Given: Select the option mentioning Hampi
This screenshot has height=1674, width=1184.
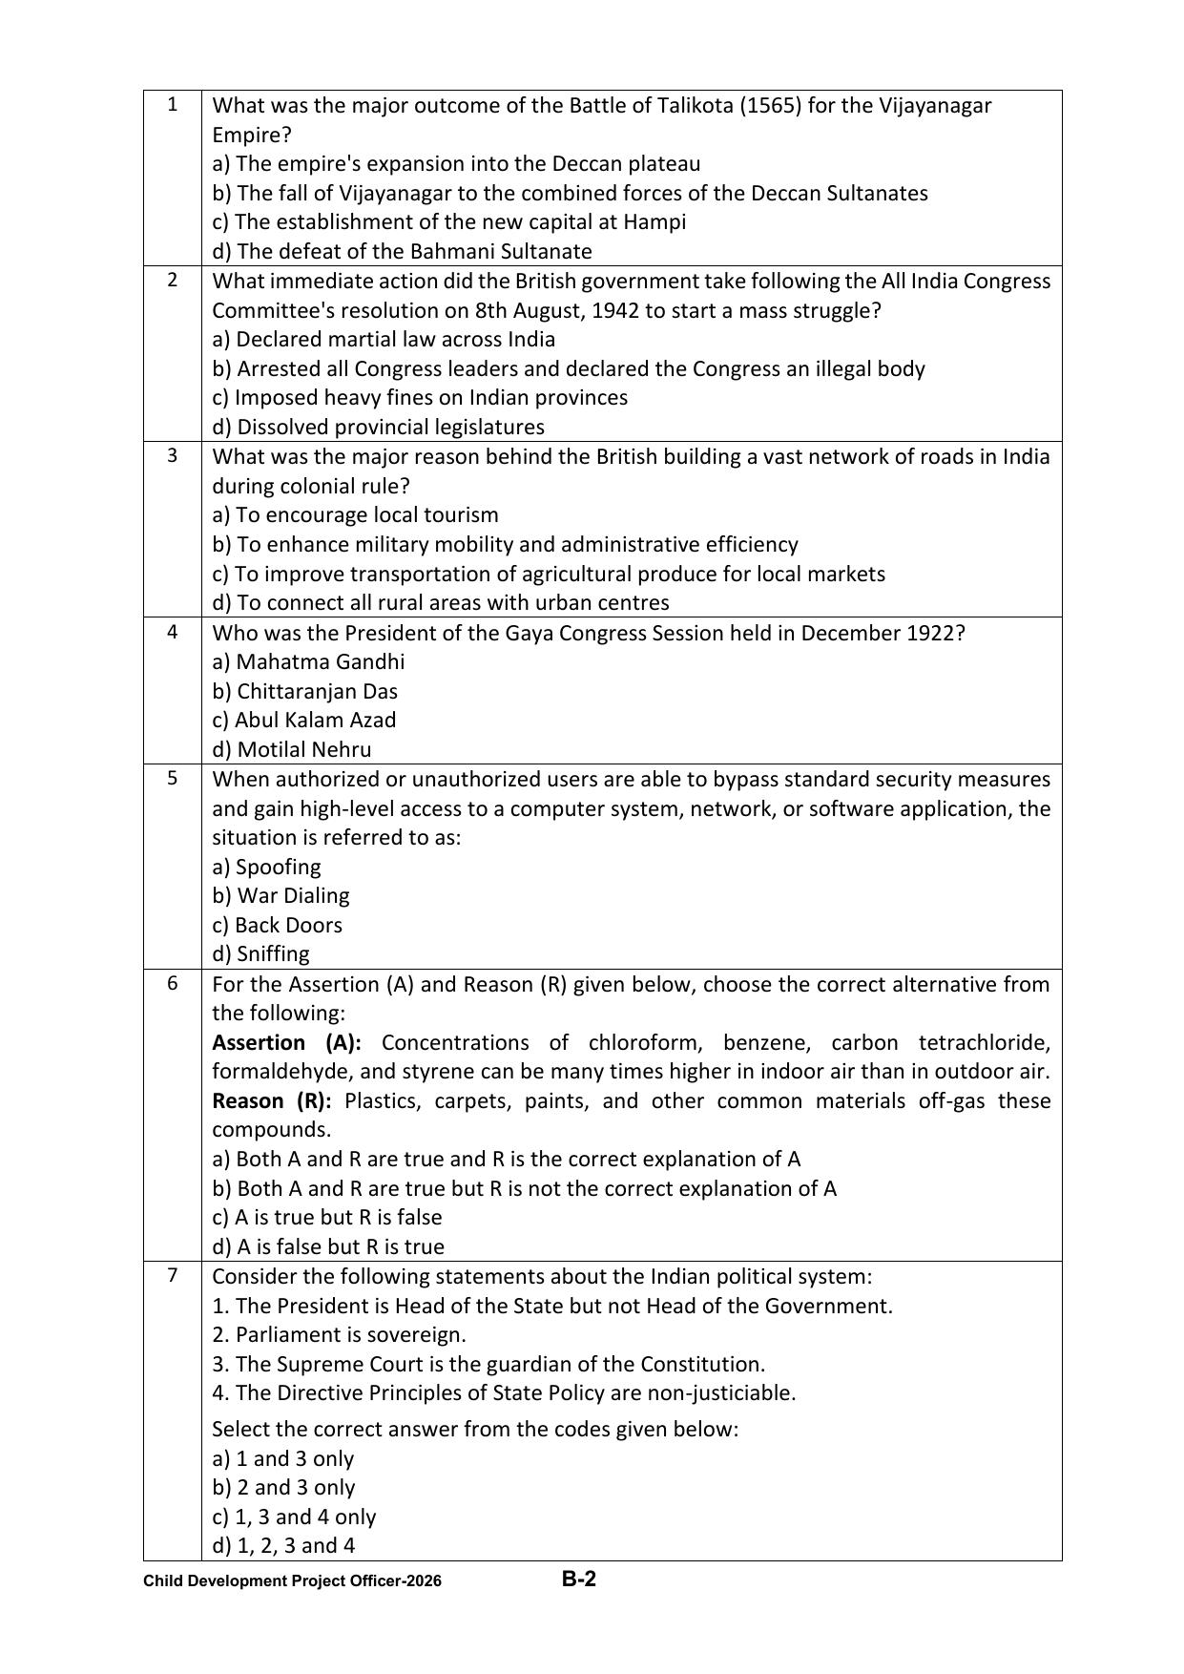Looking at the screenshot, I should pyautogui.click(x=448, y=221).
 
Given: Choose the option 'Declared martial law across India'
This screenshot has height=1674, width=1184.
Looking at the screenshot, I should pyautogui.click(x=384, y=339).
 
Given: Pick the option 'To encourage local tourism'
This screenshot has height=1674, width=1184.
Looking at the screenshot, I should pyautogui.click(x=355, y=514).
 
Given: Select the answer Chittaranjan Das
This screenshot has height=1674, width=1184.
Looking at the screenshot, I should pyautogui.click(x=304, y=691).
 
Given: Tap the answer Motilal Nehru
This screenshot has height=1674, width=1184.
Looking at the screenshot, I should pyautogui.click(x=291, y=749).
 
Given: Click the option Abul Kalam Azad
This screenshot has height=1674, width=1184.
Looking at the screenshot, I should pyautogui.click(x=303, y=720).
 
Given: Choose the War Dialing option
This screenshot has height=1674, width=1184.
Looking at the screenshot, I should pyautogui.click(x=280, y=895).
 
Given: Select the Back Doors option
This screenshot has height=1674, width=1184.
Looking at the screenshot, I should pyautogui.click(x=277, y=925).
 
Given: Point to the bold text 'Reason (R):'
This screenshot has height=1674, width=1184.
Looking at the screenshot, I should pyautogui.click(x=272, y=1100).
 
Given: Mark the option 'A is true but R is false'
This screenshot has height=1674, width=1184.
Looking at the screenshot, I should pyautogui.click(x=326, y=1217).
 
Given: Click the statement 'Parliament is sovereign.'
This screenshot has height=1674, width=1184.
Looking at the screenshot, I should pyautogui.click(x=339, y=1334).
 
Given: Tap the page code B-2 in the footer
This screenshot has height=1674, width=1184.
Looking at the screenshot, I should pyautogui.click(x=578, y=1579).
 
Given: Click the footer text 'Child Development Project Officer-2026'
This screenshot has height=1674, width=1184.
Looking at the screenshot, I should pyautogui.click(x=292, y=1581).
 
